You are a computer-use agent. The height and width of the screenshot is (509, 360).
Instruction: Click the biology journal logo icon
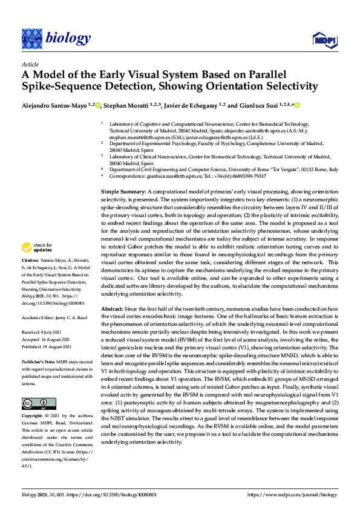(31, 39)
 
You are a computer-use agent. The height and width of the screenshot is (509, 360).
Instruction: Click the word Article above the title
(30, 64)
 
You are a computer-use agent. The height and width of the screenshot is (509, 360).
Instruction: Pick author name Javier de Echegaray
(191, 105)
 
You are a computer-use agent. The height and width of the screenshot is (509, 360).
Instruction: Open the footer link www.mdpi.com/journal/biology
(292, 494)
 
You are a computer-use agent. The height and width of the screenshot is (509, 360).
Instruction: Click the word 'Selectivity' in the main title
(284, 86)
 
